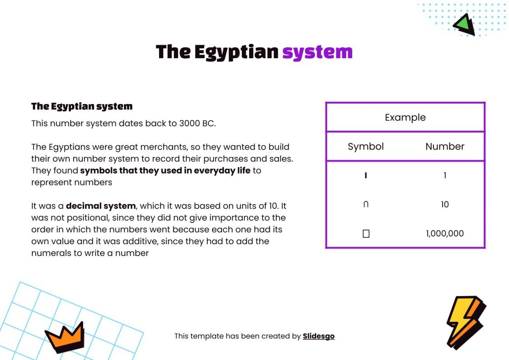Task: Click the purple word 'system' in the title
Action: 317,52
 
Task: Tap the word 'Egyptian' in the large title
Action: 236,52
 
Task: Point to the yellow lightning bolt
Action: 464,320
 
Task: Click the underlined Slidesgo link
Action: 319,336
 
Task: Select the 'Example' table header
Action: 405,117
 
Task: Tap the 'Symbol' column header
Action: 366,146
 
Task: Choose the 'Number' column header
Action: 445,146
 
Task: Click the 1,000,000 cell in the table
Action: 445,234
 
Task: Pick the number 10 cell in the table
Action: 445,205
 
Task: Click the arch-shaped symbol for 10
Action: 366,205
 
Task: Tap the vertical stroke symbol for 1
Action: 366,175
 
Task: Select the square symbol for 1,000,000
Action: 366,234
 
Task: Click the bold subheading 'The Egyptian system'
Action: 82,107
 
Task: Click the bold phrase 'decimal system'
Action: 101,206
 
